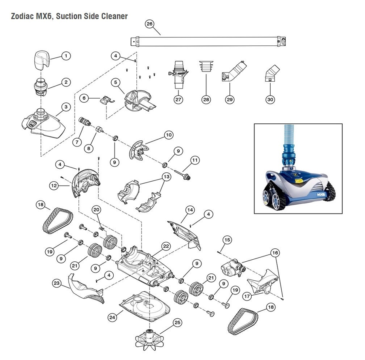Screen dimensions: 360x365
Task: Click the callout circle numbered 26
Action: [x=149, y=24]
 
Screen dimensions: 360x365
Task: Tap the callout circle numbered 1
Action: [x=65, y=56]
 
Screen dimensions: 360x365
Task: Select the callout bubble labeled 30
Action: [x=270, y=99]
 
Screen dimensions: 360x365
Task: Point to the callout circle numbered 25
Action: [x=176, y=323]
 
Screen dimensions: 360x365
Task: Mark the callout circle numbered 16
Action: [x=276, y=253]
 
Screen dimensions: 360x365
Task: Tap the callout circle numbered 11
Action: [x=195, y=160]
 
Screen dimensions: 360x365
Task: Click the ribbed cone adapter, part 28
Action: [x=206, y=66]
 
